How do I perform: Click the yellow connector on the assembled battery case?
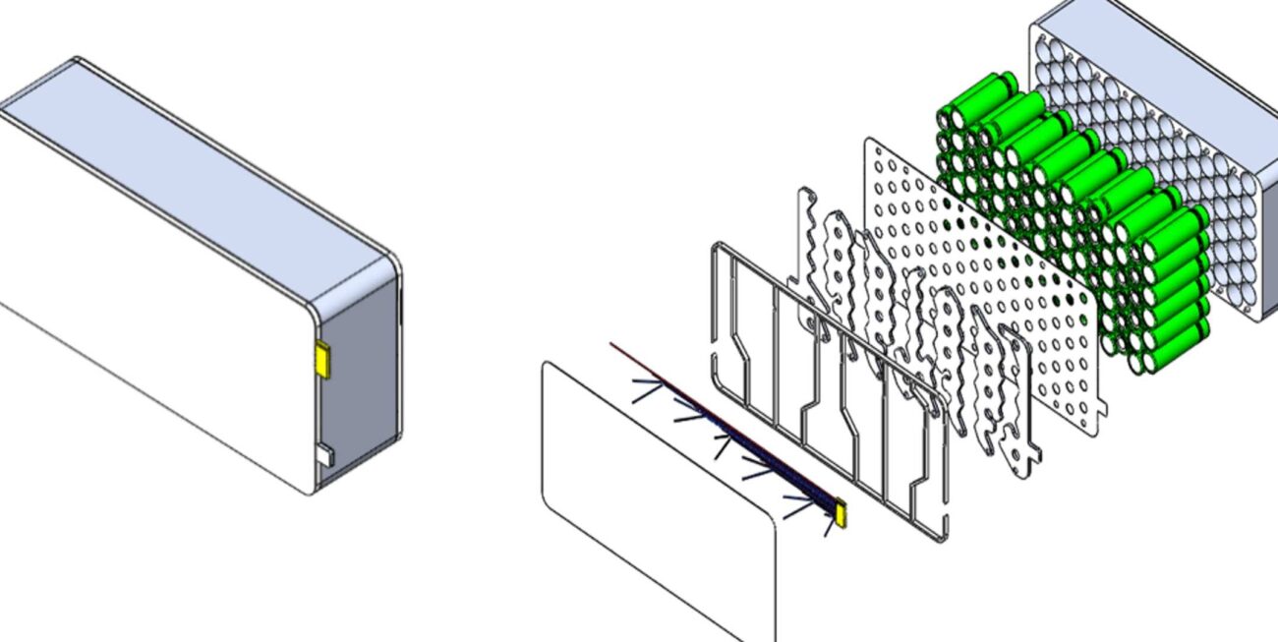(321, 360)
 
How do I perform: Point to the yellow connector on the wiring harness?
(841, 510)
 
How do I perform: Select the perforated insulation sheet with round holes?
(983, 285)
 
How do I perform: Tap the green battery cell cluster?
(1072, 226)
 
